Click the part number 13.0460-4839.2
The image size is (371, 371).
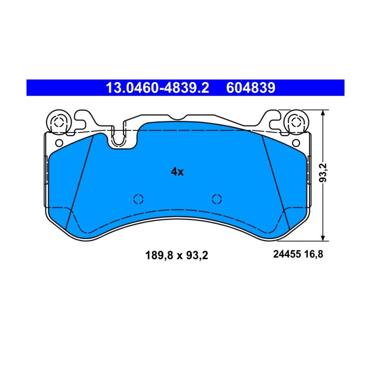[x=157, y=88]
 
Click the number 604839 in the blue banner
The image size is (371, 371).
[x=251, y=88]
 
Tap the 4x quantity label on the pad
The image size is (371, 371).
[x=177, y=172]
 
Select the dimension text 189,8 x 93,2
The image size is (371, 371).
[x=176, y=255]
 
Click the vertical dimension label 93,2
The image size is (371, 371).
[x=323, y=173]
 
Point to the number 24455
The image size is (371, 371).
[x=287, y=254]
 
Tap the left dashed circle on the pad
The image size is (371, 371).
[x=138, y=199]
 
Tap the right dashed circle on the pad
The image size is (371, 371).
[x=217, y=199]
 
